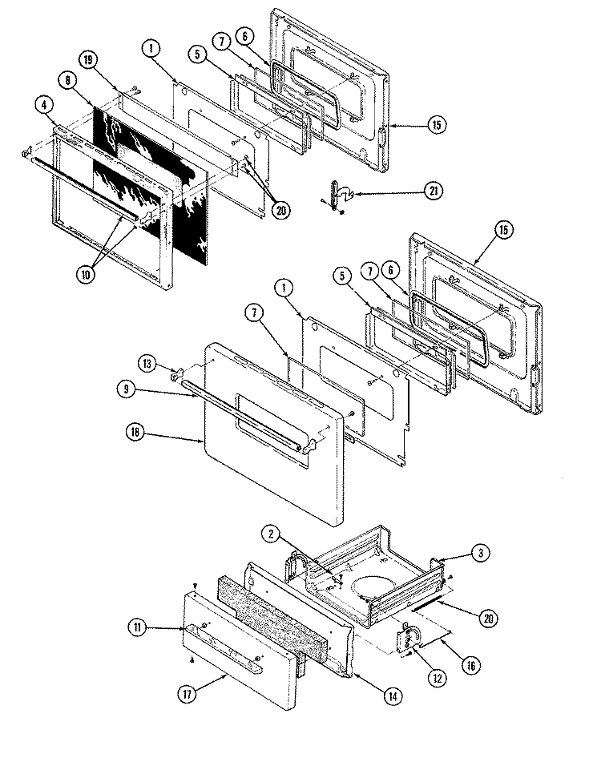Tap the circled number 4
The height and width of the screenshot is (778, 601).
pyautogui.click(x=44, y=104)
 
